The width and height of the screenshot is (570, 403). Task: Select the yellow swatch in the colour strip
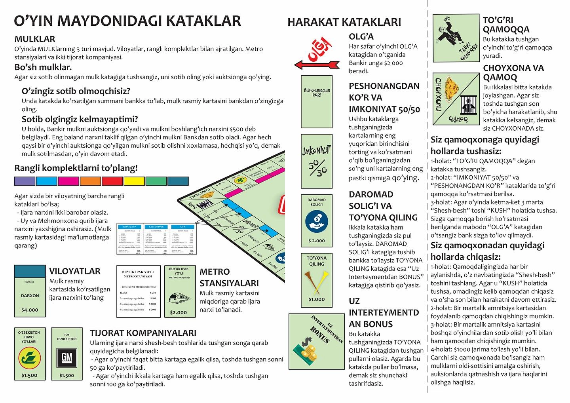click(x=134, y=181)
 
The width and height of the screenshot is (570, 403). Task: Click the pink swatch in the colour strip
click(x=68, y=181)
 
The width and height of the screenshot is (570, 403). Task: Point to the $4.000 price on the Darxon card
click(x=30, y=310)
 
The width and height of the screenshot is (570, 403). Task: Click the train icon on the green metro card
click(x=178, y=298)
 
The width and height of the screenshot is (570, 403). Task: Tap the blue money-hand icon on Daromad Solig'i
click(x=316, y=221)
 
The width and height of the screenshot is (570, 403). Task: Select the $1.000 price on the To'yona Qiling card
click(x=316, y=299)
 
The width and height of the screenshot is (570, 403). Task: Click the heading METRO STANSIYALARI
click(x=229, y=278)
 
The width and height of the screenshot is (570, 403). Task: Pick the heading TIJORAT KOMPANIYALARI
click(x=143, y=333)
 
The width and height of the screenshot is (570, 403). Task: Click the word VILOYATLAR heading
click(x=75, y=271)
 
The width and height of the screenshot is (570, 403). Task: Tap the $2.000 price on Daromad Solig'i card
click(x=316, y=241)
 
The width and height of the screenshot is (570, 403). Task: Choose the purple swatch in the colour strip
click(x=25, y=181)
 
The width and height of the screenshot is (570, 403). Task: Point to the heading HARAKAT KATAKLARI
click(x=344, y=22)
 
